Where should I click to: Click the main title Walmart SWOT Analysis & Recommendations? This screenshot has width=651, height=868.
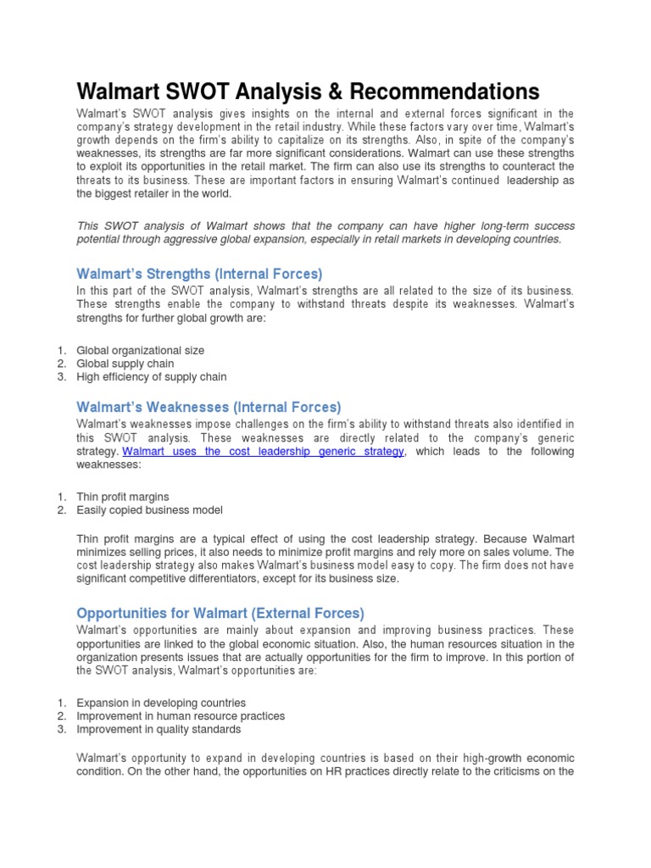(x=308, y=92)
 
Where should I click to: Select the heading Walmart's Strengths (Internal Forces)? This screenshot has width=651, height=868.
(x=199, y=274)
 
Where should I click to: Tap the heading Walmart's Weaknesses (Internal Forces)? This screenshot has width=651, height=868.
(x=209, y=407)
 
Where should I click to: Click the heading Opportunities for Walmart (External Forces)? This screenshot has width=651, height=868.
(x=220, y=613)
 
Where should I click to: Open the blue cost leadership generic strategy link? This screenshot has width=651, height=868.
(x=264, y=452)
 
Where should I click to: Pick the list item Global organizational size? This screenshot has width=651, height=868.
(x=140, y=350)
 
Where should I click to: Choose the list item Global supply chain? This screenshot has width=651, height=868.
(x=125, y=364)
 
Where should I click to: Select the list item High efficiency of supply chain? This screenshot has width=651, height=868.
(x=151, y=376)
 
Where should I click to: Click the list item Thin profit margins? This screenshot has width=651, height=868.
(x=122, y=497)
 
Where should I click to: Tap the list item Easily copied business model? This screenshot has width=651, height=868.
(x=149, y=510)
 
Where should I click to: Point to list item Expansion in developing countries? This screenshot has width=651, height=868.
(x=161, y=703)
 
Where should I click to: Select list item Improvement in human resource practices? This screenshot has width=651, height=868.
(x=181, y=716)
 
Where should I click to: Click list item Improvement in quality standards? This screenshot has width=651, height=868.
(x=159, y=729)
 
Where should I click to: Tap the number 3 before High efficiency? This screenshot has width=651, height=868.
(x=62, y=376)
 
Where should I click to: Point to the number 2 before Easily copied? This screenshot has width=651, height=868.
(x=62, y=510)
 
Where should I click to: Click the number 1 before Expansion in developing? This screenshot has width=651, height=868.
(x=62, y=703)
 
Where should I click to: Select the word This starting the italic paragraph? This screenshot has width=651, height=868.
(x=89, y=226)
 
